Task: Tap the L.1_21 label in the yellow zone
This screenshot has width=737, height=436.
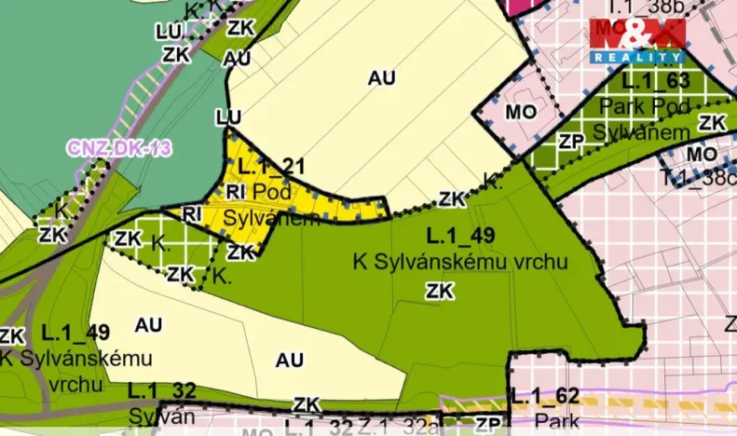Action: coord(272,167)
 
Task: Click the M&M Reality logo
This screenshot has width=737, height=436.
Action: coord(637,40)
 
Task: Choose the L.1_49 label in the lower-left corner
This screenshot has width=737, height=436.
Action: coord(75,333)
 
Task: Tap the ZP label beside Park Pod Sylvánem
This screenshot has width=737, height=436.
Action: coord(570,142)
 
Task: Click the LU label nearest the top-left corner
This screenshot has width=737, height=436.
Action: coord(168,32)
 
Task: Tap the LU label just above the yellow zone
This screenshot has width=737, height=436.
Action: coord(228,118)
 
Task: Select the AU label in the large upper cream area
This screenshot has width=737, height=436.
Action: coord(381,79)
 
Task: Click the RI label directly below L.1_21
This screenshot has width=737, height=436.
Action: coord(236,192)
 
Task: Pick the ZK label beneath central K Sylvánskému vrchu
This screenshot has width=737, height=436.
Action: coord(439,292)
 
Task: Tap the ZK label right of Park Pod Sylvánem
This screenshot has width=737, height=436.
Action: coord(713,123)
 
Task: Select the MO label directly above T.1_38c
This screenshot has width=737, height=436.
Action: coord(702,154)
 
